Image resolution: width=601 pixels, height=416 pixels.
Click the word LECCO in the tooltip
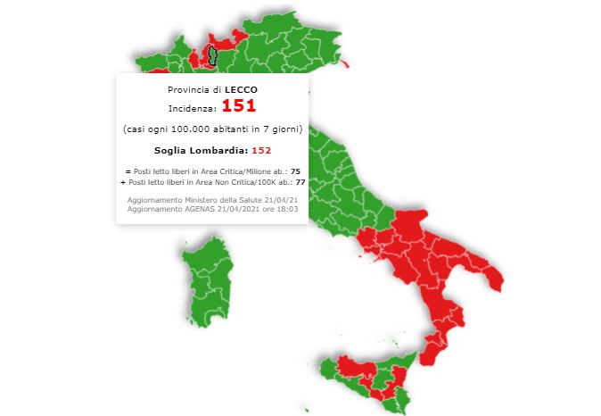[241, 90]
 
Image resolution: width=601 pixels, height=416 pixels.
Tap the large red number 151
[238, 106]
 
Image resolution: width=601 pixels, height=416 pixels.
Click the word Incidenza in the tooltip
[192, 108]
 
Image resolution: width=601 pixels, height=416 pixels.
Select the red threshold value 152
[261, 150]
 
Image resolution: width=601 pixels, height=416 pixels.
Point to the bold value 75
[295, 171]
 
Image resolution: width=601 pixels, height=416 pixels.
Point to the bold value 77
[300, 181]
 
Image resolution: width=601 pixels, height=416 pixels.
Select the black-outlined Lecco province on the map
[212, 56]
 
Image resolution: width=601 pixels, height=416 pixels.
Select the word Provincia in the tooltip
[187, 90]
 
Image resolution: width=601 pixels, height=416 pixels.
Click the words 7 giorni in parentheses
[282, 129]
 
